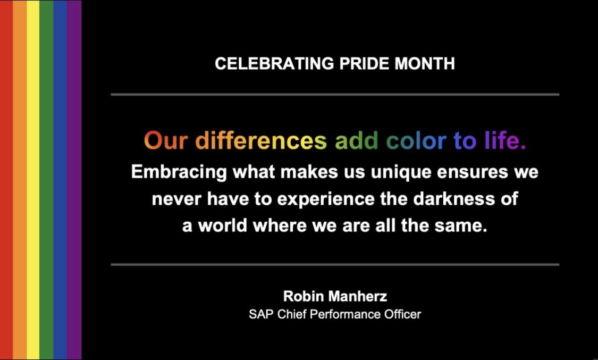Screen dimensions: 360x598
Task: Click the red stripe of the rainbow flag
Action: (x=6, y=180)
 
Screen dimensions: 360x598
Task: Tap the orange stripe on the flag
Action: (x=20, y=180)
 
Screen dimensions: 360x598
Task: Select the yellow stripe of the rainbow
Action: (x=33, y=180)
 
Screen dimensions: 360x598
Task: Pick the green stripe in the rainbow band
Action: (x=46, y=180)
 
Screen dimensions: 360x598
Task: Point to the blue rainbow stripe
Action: (x=60, y=180)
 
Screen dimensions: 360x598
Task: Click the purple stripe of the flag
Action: (x=74, y=180)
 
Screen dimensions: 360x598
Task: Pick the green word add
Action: (x=357, y=141)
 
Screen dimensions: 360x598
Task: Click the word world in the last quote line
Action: (x=223, y=225)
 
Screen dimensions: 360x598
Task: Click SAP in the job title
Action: (x=259, y=314)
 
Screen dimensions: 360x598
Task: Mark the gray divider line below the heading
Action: (x=335, y=95)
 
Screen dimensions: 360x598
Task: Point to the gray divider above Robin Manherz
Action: (x=335, y=264)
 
